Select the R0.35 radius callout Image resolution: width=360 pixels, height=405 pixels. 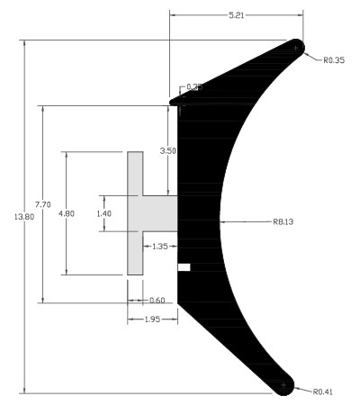click(335, 61)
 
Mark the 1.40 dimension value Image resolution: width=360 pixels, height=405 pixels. click(105, 213)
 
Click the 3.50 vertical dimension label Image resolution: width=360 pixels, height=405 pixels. click(168, 151)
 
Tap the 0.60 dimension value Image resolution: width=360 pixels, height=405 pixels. click(156, 300)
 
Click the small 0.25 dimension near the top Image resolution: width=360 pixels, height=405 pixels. click(193, 87)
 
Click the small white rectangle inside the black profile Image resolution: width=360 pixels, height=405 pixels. click(184, 266)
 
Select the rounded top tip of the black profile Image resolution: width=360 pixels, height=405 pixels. click(295, 48)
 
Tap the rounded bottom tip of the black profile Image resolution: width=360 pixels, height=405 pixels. click(284, 384)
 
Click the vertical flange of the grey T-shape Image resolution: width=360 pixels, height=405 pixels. click(135, 213)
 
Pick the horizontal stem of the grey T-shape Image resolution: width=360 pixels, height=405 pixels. click(160, 213)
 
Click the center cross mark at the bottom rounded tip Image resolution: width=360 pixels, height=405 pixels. click(284, 384)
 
